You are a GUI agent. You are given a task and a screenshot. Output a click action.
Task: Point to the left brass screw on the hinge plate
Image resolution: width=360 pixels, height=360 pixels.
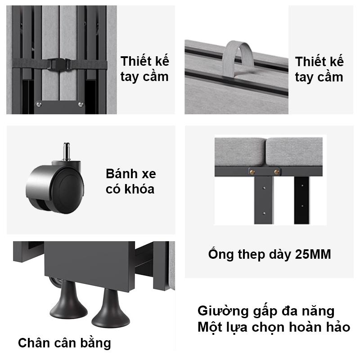(x=252, y=171)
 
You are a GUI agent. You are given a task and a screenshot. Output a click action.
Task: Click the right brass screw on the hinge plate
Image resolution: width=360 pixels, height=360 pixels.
(x=276, y=171)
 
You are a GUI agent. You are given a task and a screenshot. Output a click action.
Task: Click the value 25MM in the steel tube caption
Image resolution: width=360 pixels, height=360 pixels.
(x=313, y=255)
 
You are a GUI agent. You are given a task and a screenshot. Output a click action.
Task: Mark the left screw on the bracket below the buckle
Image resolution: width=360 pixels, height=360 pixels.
(x=39, y=104)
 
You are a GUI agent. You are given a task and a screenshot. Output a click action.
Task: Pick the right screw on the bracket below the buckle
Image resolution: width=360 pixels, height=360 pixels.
(x=81, y=104)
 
